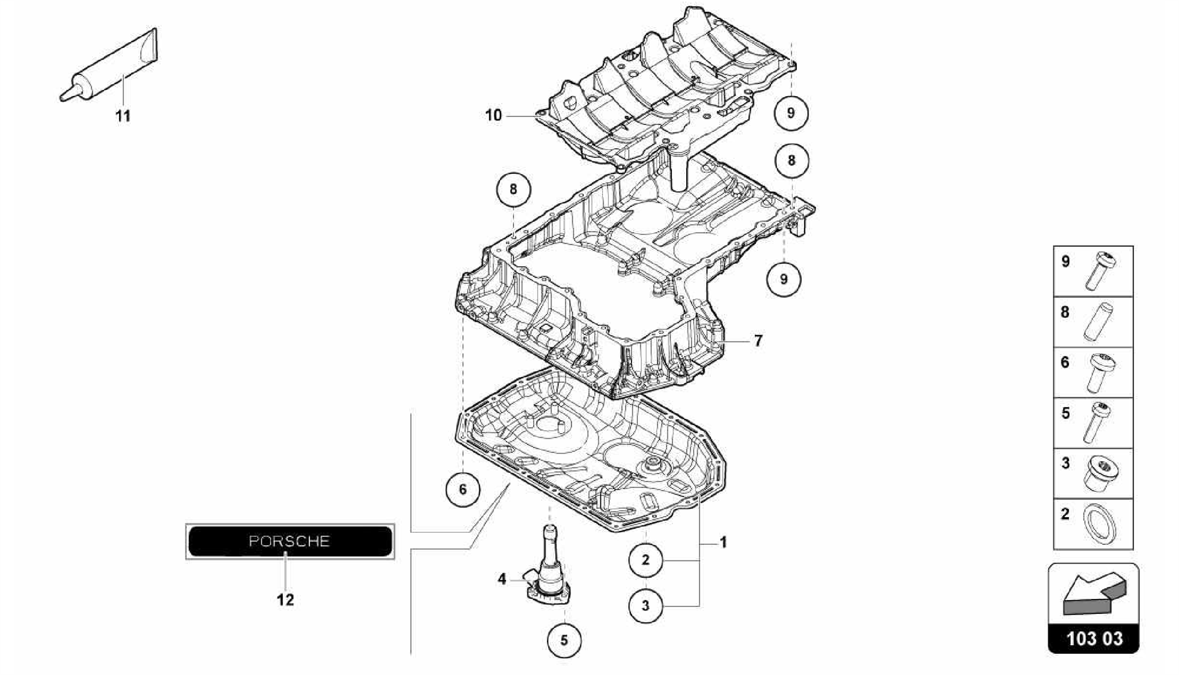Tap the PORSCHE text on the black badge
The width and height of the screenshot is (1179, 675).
[x=289, y=541]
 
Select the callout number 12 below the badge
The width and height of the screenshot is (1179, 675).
[x=286, y=600]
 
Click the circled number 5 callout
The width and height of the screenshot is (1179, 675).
[x=564, y=640]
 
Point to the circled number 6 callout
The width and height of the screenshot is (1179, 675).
[x=462, y=490]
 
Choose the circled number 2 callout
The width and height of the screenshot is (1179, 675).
[x=645, y=560]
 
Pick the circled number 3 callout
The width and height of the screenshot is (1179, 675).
[x=645, y=605]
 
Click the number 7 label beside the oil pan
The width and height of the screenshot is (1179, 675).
[x=758, y=341]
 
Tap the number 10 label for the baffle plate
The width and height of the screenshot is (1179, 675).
[x=493, y=116]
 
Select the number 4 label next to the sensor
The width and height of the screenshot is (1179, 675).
[x=502, y=579]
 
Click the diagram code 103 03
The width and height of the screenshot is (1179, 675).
[x=1094, y=639]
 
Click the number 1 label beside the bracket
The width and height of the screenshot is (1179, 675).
[x=724, y=543]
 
